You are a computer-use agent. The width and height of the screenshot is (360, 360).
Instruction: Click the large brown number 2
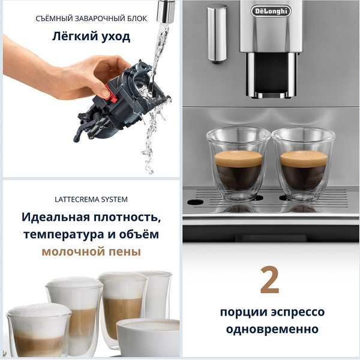pyautogui.click(x=270, y=280)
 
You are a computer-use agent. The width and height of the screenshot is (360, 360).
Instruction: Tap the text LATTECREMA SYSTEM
pyautogui.click(x=91, y=199)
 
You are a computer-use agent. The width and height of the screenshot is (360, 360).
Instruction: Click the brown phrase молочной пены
pyautogui.click(x=91, y=251)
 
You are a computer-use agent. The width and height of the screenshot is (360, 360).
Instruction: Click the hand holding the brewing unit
pyautogui.click(x=54, y=72)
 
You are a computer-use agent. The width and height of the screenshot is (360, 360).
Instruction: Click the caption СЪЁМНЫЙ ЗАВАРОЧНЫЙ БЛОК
pyautogui.click(x=91, y=19)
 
